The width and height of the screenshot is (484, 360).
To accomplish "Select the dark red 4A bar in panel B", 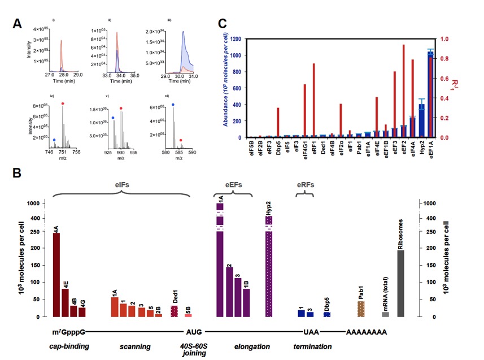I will (x=56, y=274).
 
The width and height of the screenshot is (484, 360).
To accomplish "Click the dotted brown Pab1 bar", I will (x=361, y=309).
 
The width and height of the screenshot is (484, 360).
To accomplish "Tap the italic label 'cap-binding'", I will (x=71, y=346).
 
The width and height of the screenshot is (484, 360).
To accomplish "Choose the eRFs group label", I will (x=306, y=184).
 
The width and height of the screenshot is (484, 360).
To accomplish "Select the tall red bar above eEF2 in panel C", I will (x=404, y=90).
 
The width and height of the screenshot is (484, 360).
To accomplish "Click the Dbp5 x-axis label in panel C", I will (x=278, y=148).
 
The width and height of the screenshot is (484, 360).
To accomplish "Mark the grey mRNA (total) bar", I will (x=385, y=314).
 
